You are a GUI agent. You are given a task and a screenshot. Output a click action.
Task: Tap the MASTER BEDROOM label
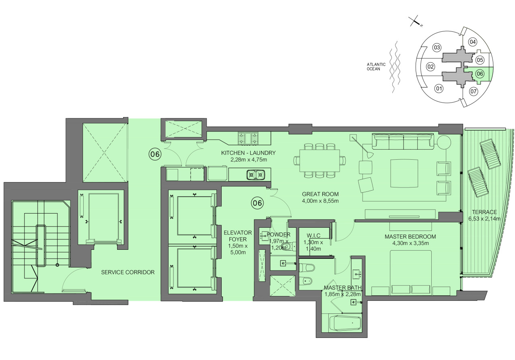pyautogui.click(x=410, y=237)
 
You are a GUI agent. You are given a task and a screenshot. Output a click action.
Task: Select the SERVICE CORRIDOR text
pyautogui.click(x=128, y=272)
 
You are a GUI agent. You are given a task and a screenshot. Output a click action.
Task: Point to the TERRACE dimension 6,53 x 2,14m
pyautogui.click(x=484, y=218)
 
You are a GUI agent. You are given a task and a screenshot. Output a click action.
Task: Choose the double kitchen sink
pyautogui.click(x=256, y=175)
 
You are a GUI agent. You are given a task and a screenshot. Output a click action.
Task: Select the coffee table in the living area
pyautogui.click(x=404, y=173)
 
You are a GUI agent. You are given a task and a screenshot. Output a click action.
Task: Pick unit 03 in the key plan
pyautogui.click(x=437, y=47)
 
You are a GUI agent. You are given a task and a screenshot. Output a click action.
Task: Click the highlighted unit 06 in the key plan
pyautogui.click(x=480, y=74)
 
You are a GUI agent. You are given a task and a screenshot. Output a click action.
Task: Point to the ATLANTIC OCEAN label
pyautogui.click(x=376, y=67)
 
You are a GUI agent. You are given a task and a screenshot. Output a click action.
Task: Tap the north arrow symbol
pyautogui.click(x=416, y=22)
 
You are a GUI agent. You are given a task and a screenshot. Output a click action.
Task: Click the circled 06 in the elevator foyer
pyautogui.click(x=257, y=203)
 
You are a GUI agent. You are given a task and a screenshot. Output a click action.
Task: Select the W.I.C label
pyautogui.click(x=313, y=235)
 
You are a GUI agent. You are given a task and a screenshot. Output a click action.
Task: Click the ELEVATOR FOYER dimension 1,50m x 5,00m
pyautogui.click(x=238, y=249)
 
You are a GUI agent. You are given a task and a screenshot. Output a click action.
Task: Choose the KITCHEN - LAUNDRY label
pyautogui.click(x=248, y=153)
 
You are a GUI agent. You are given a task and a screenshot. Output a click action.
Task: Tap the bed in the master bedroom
pyautogui.click(x=411, y=273)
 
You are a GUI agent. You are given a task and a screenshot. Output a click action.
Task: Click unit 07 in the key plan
pyautogui.click(x=474, y=91)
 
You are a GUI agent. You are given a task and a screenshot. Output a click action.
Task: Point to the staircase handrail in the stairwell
pyautogui.click(x=41, y=245)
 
